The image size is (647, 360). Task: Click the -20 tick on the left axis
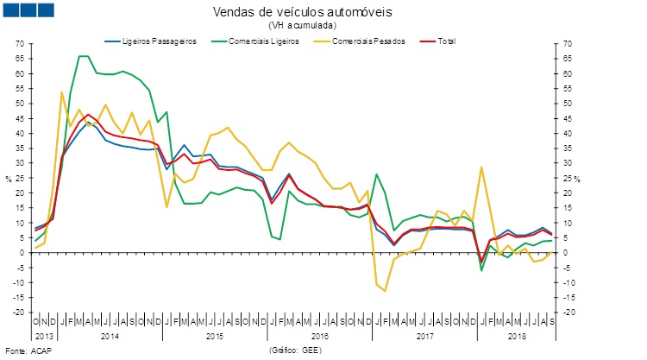(16, 313)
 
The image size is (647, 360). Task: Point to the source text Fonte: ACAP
(25, 351)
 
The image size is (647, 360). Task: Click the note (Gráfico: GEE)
(299, 351)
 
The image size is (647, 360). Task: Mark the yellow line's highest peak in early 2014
(61, 92)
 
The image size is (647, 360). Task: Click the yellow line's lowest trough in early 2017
(386, 291)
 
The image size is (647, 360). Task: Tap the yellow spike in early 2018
(481, 167)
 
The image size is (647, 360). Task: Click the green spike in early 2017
(376, 174)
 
